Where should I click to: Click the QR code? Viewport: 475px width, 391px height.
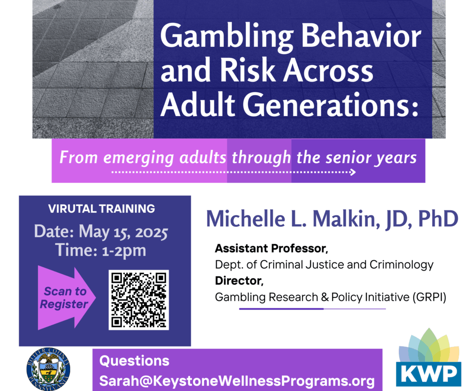[x=139, y=300]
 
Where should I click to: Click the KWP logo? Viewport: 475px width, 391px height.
[x=429, y=358]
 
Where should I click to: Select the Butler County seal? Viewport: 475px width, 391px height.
[x=48, y=369]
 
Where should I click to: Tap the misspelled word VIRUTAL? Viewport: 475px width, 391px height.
[x=72, y=209]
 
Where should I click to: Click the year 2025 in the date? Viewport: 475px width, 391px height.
[x=151, y=232]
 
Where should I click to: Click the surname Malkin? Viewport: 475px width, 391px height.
[x=346, y=218]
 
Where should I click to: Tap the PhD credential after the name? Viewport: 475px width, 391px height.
[x=438, y=218]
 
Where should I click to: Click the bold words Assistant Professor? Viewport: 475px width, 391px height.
[x=271, y=248]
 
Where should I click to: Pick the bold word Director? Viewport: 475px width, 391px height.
[x=239, y=281]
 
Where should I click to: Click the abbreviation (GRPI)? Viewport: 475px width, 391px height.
[x=429, y=297]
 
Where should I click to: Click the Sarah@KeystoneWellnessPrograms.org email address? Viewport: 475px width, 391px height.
[x=237, y=381]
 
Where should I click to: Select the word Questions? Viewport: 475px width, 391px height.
[x=134, y=361]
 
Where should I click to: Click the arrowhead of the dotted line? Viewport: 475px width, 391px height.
[x=353, y=172]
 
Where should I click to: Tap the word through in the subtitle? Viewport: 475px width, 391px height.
[x=261, y=158]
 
